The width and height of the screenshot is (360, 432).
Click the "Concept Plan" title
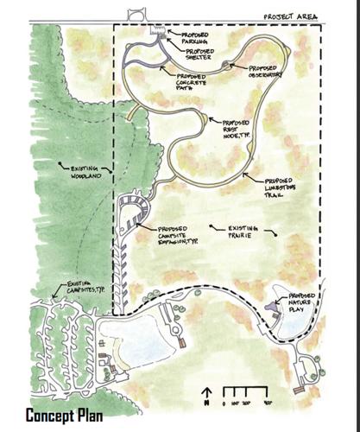[x=65, y=416]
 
